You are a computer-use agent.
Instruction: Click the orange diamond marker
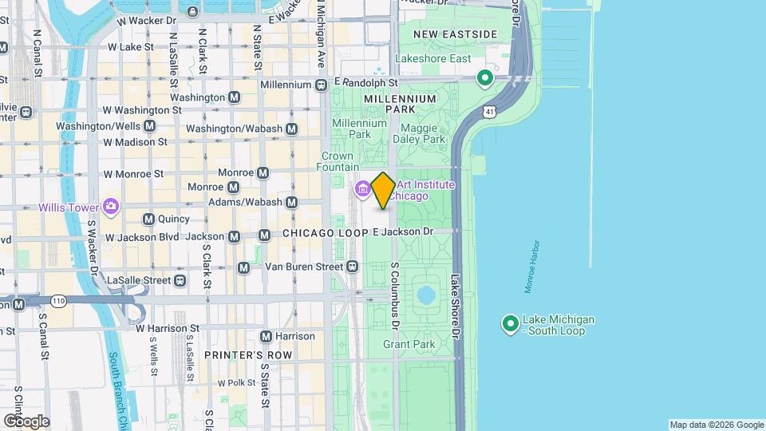point(383,191)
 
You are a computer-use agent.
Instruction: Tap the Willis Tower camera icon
point(110,207)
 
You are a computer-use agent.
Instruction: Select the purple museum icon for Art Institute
point(361,189)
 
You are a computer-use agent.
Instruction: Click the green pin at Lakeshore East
point(484,77)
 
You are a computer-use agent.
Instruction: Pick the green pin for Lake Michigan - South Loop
point(510,323)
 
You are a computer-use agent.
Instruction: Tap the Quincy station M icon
point(148,219)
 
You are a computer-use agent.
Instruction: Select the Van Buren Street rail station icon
point(353,266)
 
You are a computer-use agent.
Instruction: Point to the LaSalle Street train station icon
point(180,280)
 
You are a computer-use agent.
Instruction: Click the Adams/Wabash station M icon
point(292,202)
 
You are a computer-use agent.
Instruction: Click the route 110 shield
point(59,300)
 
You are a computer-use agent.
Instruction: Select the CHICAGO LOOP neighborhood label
point(325,232)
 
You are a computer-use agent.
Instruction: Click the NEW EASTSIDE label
point(455,34)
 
